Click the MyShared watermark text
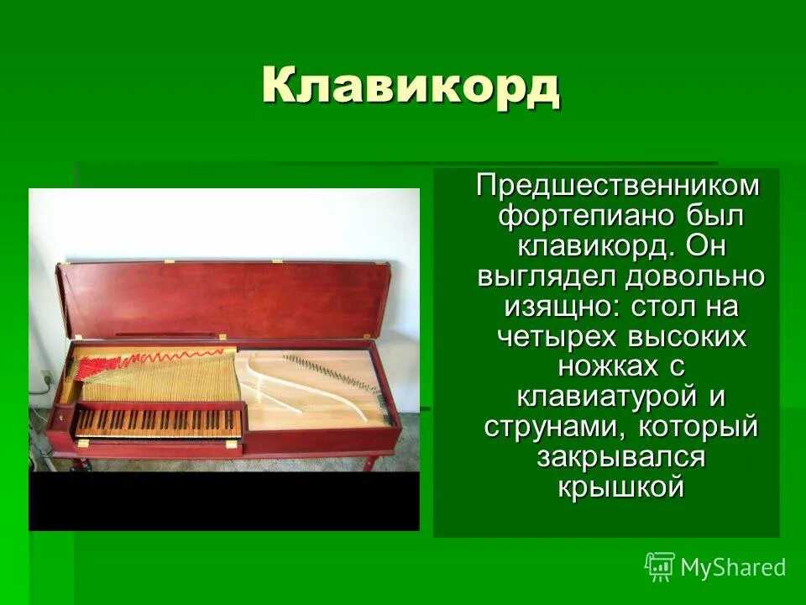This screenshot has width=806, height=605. (732, 567)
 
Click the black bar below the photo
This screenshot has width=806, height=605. (223, 501)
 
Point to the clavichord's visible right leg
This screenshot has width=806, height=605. (369, 463)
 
